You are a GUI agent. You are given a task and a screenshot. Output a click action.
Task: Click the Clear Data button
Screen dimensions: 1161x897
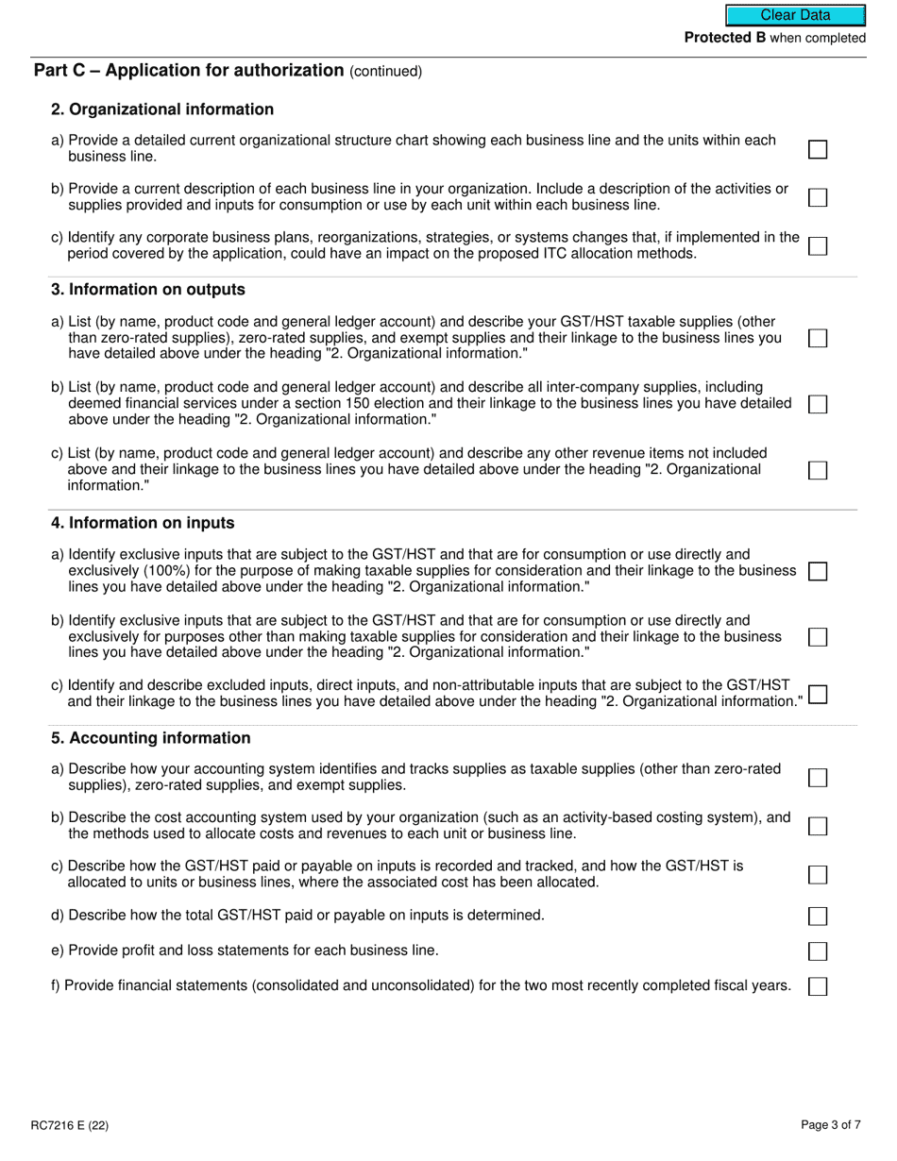795,15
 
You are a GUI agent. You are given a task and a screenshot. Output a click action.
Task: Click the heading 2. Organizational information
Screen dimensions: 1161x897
162,109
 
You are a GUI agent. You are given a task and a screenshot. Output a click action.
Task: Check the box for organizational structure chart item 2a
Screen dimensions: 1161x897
818,149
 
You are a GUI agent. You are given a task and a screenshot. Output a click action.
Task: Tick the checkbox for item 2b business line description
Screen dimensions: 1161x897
818,197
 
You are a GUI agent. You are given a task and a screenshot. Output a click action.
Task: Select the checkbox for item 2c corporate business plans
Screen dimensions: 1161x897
818,245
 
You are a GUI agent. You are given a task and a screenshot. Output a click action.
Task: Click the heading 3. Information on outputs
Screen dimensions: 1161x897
148,290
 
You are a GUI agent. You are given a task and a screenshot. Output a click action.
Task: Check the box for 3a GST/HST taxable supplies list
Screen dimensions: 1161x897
818,338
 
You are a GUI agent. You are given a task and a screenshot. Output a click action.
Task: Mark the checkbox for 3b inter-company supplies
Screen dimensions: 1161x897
818,404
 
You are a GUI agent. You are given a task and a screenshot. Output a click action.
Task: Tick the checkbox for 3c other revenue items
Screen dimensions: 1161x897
818,470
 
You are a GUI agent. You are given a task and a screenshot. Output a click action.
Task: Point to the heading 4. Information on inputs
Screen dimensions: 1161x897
143,523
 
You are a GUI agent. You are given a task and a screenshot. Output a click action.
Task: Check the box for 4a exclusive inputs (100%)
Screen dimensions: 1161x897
818,571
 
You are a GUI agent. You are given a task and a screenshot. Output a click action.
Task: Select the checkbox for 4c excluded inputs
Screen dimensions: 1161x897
818,695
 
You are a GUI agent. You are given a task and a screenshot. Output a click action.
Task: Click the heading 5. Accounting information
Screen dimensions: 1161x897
151,738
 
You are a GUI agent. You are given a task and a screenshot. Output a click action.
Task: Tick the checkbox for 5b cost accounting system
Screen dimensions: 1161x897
818,826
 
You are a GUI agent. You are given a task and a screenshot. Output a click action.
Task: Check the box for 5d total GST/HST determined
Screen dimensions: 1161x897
818,916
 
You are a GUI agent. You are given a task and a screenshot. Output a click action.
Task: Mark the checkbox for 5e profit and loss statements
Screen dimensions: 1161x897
818,951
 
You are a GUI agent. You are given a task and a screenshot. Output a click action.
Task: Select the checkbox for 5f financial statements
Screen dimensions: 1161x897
818,986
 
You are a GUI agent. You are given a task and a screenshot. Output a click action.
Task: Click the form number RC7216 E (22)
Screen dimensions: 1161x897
76,1125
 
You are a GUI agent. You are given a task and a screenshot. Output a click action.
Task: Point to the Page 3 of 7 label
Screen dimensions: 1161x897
830,1125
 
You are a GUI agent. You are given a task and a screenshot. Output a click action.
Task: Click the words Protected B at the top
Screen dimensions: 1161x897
724,38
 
